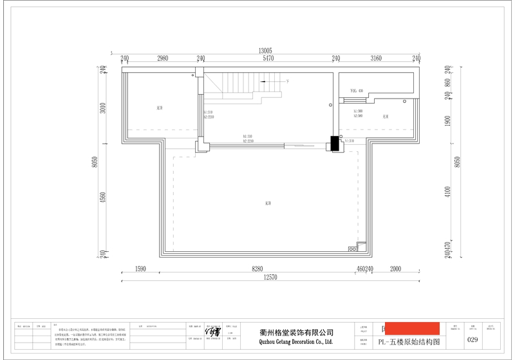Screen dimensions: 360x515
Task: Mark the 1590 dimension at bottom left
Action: point(142,269)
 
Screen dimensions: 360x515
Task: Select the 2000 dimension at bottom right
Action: point(395,269)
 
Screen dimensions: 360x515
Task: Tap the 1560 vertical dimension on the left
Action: point(101,203)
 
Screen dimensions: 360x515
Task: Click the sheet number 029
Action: point(472,339)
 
